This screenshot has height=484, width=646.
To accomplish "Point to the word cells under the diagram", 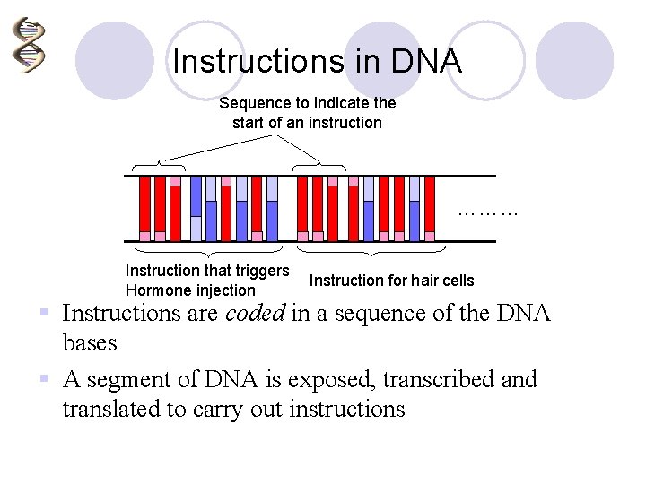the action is coord(456,281).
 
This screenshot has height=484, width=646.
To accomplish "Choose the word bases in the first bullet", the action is coord(90,342).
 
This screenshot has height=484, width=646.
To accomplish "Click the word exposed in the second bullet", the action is coord(337,380).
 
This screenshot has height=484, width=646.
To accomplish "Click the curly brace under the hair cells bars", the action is coord(371,249).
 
